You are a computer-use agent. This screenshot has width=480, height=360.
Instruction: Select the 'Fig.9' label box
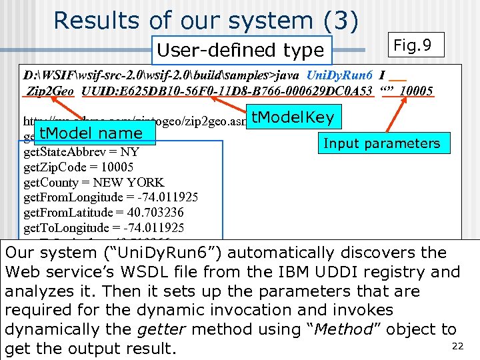coord(413,46)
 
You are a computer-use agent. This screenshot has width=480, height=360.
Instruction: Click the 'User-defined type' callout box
coord(241,50)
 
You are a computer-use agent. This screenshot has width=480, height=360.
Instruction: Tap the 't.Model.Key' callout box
coord(293,118)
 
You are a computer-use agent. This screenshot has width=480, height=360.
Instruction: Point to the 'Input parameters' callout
coord(381,143)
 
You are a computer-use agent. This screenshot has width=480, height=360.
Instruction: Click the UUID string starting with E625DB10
coord(227,91)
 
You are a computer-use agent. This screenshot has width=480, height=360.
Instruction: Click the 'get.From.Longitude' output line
coord(111,197)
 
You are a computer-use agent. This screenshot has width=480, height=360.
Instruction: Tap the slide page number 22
coord(457,345)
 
